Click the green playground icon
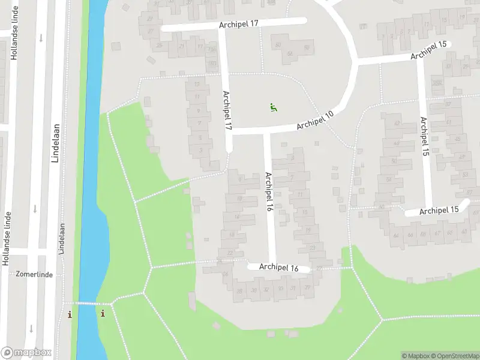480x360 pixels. tap(274, 108)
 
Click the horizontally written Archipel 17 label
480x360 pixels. tap(238, 23)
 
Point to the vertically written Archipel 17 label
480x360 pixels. tap(227, 111)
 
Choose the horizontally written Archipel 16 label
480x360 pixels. tap(279, 268)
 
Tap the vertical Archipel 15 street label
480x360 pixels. tap(425, 137)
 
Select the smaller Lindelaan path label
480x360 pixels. tap(62, 239)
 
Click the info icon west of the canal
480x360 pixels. tap(70, 314)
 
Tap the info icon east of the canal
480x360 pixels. tap(103, 313)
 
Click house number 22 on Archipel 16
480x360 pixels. tap(230, 253)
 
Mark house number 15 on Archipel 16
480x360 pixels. tap(305, 212)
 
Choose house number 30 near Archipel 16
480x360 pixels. tap(253, 290)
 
